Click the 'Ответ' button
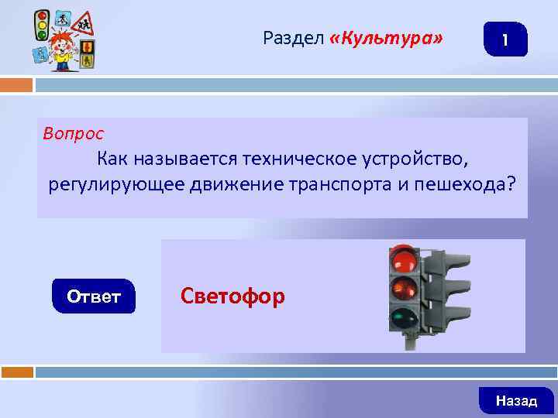point(94,296)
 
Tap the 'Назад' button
point(516,400)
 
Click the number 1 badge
point(505,39)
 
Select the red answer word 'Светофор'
point(232,296)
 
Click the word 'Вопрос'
point(74,133)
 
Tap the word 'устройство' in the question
point(414,160)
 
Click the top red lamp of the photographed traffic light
point(404,259)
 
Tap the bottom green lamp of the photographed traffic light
point(404,318)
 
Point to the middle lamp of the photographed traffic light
point(404,289)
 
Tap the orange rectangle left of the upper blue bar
point(16,84)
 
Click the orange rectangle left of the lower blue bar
point(16,372)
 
